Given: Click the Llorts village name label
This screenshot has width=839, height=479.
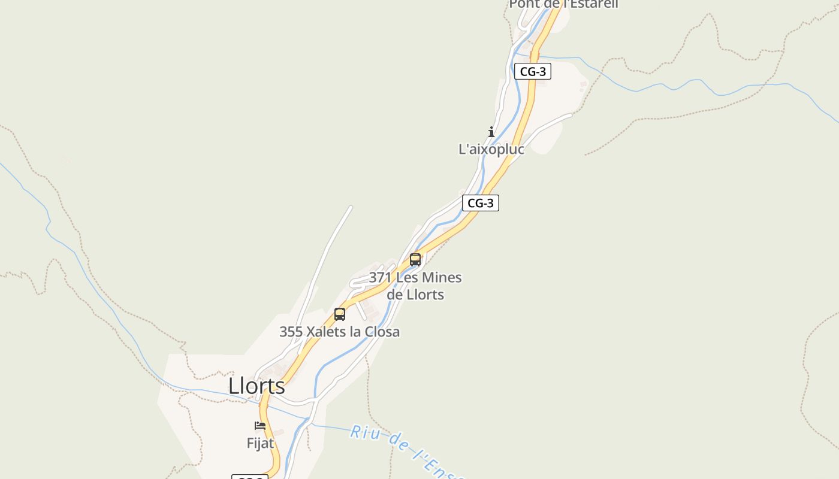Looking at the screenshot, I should [x=256, y=386].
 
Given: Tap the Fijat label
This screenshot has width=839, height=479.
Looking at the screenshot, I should [x=260, y=443].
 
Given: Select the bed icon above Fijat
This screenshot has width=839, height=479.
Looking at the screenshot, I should [x=260, y=426].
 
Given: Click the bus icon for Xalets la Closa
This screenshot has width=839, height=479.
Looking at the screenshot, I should [x=340, y=314].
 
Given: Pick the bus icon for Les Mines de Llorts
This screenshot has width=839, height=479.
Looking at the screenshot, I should [x=415, y=260].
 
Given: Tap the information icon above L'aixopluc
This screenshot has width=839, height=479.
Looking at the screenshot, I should [x=491, y=132].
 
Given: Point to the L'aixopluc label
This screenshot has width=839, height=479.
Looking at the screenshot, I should [x=491, y=149].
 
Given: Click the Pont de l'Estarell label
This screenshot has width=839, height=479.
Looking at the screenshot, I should [x=563, y=4].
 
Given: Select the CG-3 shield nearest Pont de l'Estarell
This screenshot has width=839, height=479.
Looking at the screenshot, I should [x=532, y=71].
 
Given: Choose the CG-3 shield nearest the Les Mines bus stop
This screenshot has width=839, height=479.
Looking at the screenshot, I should [x=480, y=203].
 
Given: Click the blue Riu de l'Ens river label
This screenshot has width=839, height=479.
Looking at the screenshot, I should [x=408, y=452].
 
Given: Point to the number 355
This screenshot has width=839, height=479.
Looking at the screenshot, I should [x=291, y=332].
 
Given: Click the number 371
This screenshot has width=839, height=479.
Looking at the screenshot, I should [x=381, y=278].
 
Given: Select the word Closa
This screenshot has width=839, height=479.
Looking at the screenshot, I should [x=383, y=332].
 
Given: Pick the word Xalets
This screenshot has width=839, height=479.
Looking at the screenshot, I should [x=325, y=332].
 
